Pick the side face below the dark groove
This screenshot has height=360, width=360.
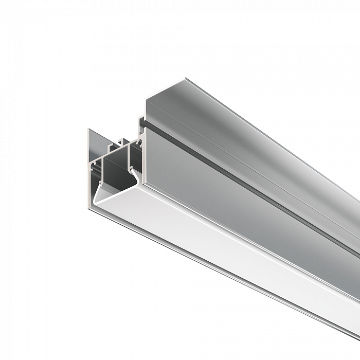tap(231, 206)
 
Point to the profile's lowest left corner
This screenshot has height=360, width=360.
tap(89, 208)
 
